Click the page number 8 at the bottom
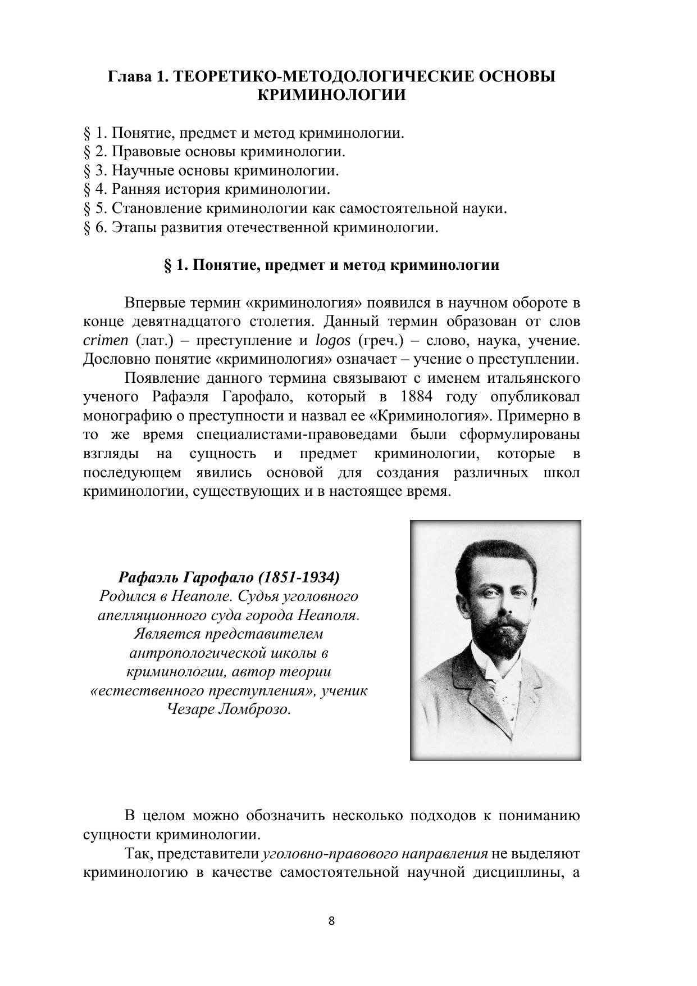[x=331, y=921]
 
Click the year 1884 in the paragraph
[x=417, y=397]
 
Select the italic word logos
[x=333, y=341]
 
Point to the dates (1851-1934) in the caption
[x=301, y=577]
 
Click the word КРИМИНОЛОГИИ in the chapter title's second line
[x=331, y=95]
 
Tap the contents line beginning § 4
[x=207, y=189]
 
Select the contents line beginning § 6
[x=261, y=227]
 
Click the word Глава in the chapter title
[x=130, y=76]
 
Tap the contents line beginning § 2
[x=215, y=152]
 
